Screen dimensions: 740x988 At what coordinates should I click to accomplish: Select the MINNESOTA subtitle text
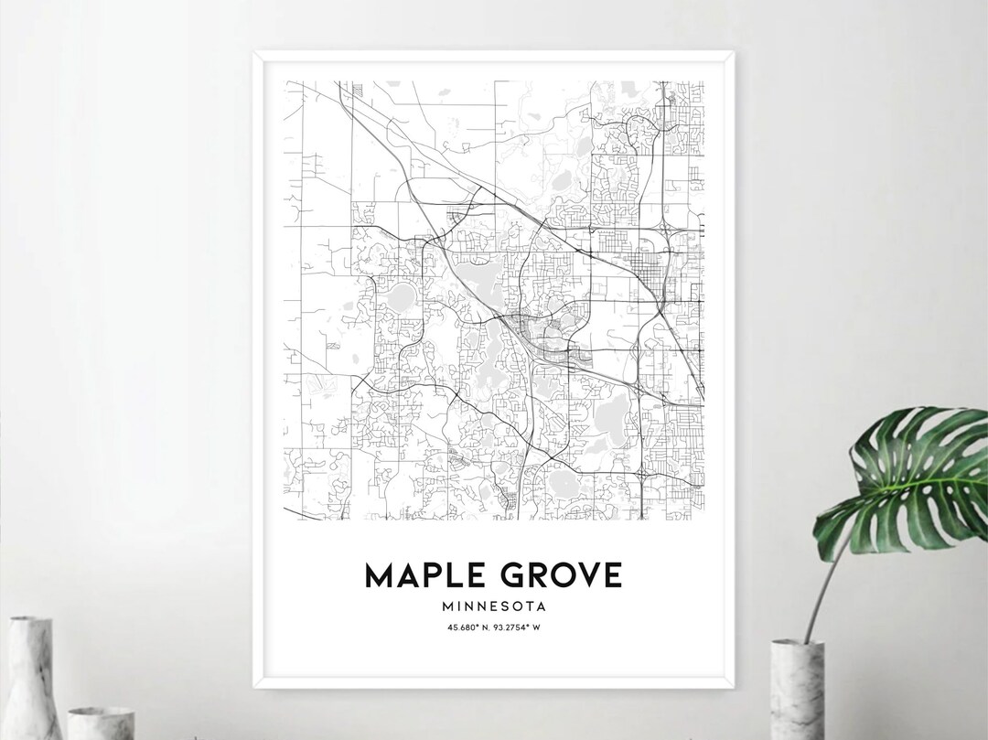[x=493, y=606]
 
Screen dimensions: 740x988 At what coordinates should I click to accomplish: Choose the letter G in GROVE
[x=519, y=575]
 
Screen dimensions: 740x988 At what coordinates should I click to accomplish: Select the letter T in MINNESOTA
[x=532, y=606]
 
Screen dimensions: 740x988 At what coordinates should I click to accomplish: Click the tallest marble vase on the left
[x=31, y=677]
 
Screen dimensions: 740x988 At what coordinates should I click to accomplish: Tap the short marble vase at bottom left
[x=102, y=723]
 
